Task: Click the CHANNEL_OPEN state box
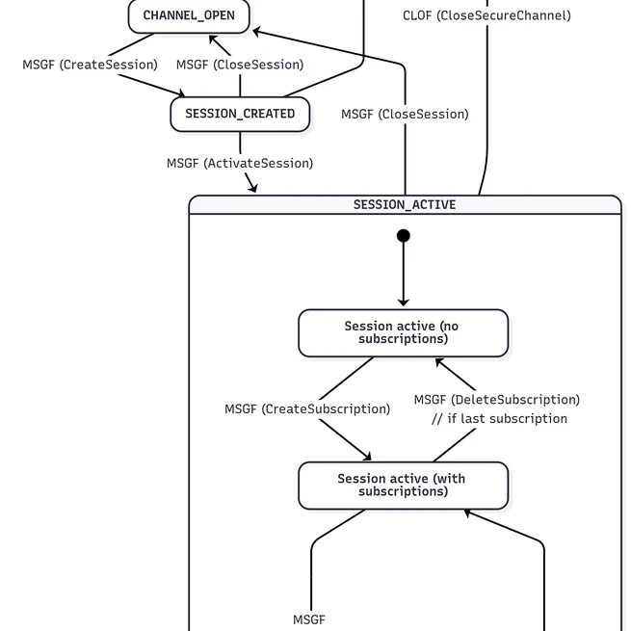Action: coord(189,15)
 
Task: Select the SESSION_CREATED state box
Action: coord(240,114)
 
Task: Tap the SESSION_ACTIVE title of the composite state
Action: coord(405,204)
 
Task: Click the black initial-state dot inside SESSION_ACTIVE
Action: coord(404,236)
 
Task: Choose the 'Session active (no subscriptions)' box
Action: coord(403,333)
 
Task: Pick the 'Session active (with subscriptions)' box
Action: coord(403,486)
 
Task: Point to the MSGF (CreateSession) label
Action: coord(90,65)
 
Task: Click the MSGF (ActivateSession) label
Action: coord(240,163)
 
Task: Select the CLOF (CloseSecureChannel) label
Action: coord(486,15)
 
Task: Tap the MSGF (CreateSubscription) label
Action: coord(307,408)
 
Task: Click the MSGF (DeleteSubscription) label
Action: coord(497,399)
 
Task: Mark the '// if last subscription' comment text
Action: coord(499,418)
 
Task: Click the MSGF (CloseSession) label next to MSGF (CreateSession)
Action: coord(240,65)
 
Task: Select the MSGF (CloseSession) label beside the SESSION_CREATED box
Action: coord(405,114)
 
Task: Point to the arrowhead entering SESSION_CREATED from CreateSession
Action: coord(180,94)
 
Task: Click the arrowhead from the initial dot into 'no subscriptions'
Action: coord(404,303)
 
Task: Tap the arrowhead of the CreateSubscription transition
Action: coord(366,457)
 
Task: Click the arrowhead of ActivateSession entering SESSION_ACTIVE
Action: coord(254,189)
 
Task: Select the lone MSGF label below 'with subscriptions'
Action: coord(309,619)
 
